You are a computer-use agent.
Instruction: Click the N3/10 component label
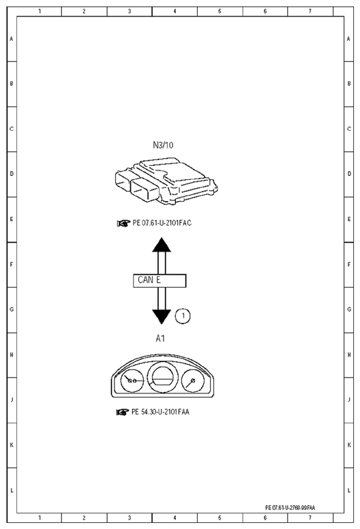[x=163, y=145]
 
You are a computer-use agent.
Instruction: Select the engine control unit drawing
[x=166, y=181]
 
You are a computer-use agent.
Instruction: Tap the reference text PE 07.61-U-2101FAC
[x=162, y=223]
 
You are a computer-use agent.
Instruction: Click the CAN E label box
[x=160, y=281]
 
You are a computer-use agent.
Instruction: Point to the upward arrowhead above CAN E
[x=162, y=245]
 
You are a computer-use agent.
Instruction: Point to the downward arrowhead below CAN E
[x=162, y=316]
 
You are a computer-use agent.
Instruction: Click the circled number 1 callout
[x=183, y=316]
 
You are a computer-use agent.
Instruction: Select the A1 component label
[x=160, y=338]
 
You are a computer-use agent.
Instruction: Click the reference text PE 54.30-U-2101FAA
[x=160, y=412]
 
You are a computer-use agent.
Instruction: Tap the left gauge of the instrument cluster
[x=132, y=380]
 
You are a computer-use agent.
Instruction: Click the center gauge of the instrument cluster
[x=164, y=378]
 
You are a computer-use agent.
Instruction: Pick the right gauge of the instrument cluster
[x=193, y=381]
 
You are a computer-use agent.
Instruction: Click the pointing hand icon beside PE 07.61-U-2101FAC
[x=123, y=224]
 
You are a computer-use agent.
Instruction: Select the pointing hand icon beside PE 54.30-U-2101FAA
[x=123, y=412]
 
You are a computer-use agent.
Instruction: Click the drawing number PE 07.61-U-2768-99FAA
[x=290, y=507]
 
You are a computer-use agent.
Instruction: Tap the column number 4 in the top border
[x=175, y=11]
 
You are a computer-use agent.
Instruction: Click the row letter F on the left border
[x=12, y=264]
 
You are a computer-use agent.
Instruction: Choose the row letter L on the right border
[x=349, y=490]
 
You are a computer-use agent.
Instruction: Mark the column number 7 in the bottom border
[x=310, y=517]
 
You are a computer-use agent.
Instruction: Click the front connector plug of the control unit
[x=145, y=190]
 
